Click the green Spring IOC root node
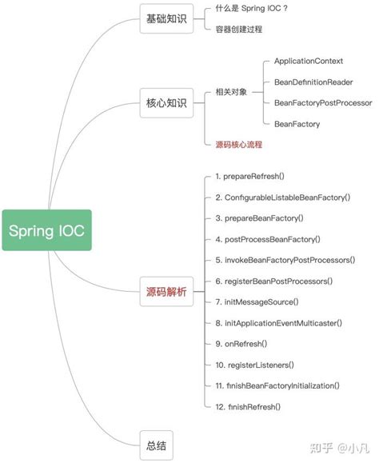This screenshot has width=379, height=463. coord(46,230)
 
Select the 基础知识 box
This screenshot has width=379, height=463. coord(166,18)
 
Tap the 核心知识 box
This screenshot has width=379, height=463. coord(166,103)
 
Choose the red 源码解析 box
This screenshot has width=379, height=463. coord(166,292)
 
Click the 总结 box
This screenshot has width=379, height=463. coord(156,445)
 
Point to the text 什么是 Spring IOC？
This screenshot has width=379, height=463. coord(252,8)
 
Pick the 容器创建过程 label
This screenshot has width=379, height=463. coord(239,29)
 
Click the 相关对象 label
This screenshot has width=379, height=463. coord(231,93)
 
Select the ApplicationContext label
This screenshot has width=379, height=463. coord(308,61)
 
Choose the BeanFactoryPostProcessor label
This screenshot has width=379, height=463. coord(322,103)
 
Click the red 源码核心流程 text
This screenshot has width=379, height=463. coord(239,145)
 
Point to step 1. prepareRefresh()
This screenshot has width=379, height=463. coord(250,176)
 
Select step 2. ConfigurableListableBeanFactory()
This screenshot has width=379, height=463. coord(283,197)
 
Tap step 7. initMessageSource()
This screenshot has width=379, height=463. coord(257,301)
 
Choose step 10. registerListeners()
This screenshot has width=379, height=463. coord(255,365)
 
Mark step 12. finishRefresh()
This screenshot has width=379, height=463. coord(248,407)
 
